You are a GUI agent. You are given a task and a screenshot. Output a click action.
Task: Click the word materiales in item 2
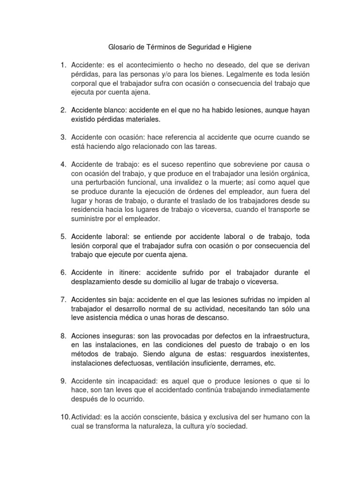pos(141,120)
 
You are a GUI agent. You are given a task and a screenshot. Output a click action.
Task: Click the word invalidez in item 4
pos(177,183)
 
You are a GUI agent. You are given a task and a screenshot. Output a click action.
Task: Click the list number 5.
pos(63,237)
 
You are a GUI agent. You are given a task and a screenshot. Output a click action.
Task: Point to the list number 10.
pos(64,417)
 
